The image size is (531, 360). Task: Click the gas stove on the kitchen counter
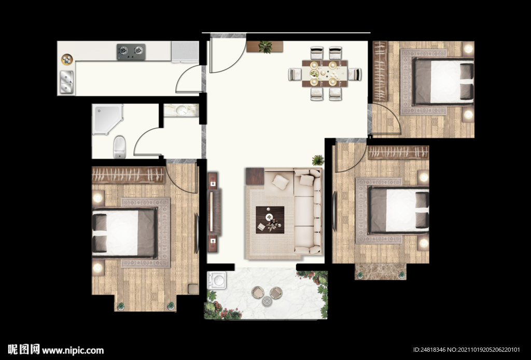[131, 51]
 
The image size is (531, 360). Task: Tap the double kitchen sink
[67, 82]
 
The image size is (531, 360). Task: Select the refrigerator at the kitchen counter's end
[185, 52]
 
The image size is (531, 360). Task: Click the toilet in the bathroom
[119, 147]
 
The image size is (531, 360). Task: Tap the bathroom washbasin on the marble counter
[180, 110]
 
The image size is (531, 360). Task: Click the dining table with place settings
[325, 73]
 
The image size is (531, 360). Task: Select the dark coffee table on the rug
[270, 220]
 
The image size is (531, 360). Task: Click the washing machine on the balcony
[217, 281]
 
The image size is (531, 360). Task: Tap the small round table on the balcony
[267, 301]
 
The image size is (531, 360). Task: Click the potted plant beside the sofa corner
[318, 160]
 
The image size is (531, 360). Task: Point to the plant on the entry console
[265, 47]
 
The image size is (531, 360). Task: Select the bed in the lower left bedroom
[124, 233]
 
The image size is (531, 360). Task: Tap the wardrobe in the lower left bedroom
[129, 175]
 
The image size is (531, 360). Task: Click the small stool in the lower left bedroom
[193, 289]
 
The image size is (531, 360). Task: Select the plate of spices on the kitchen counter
[67, 60]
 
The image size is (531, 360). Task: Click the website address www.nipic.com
[73, 350]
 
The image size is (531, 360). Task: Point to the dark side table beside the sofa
[255, 176]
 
